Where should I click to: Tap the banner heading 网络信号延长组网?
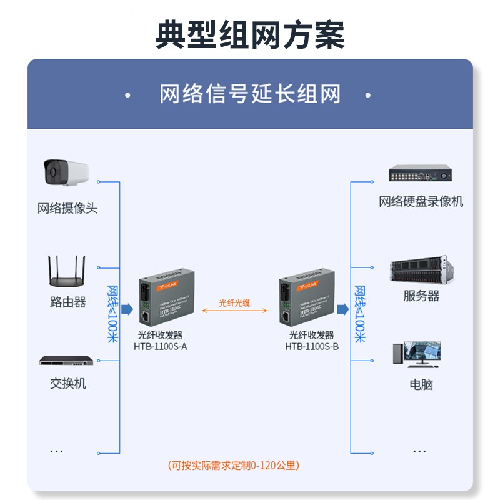click(250, 95)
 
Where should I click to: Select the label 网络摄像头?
click(67, 208)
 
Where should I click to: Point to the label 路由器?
click(67, 302)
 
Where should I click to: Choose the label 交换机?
click(67, 383)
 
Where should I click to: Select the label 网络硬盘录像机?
click(421, 201)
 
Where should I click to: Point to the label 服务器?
click(421, 296)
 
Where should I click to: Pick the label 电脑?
click(421, 384)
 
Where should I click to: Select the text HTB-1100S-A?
click(161, 346)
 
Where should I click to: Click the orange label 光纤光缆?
click(234, 302)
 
